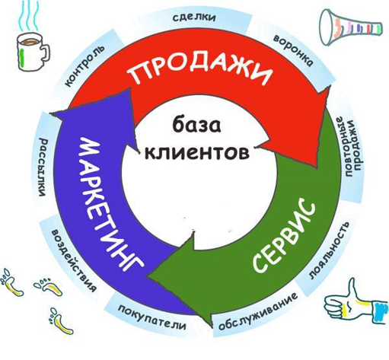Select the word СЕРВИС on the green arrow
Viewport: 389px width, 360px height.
click(x=284, y=234)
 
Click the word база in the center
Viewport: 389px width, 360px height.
click(x=196, y=125)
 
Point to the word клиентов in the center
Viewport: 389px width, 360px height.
click(x=196, y=151)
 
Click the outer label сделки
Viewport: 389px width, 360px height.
click(x=195, y=18)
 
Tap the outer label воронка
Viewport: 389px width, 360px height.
click(x=292, y=51)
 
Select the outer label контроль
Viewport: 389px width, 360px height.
click(x=84, y=66)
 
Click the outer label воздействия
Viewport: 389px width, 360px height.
click(x=74, y=261)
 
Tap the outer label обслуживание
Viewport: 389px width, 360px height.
click(x=258, y=311)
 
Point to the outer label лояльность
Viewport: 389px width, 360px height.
click(x=329, y=250)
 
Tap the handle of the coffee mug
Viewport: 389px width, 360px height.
click(x=45, y=53)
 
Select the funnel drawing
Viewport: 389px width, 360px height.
click(x=350, y=27)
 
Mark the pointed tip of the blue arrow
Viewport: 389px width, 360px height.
click(x=51, y=113)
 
